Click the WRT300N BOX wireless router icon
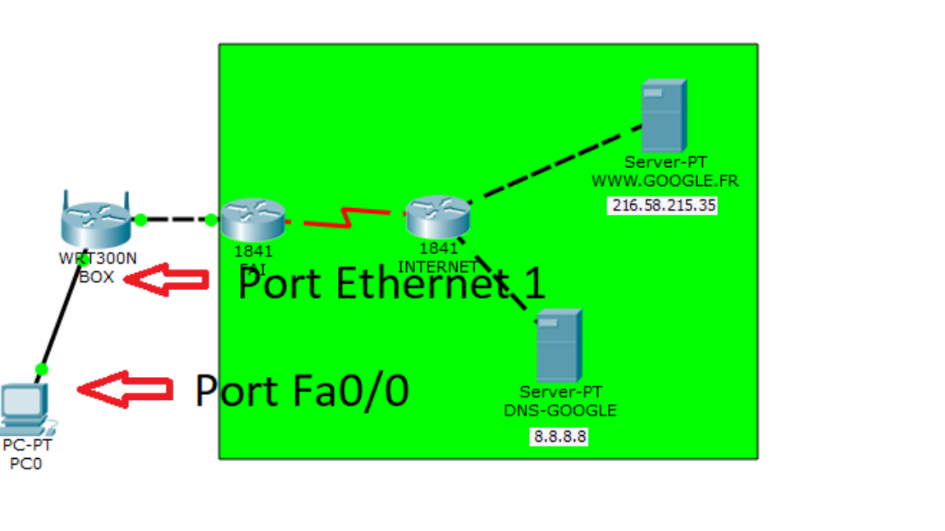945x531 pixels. [96, 220]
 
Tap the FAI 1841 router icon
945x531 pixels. [253, 219]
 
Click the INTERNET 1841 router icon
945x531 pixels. [438, 216]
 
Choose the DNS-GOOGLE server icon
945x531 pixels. [559, 345]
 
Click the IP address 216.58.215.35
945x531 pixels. [664, 205]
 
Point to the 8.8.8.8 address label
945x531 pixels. [560, 437]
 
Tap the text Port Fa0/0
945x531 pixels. [301, 391]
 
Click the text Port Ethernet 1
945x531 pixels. [391, 284]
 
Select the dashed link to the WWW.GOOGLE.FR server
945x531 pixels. [558, 162]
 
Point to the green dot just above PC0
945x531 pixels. [42, 370]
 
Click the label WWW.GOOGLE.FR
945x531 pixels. [664, 180]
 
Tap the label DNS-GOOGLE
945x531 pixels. [560, 411]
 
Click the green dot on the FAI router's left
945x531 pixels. [211, 220]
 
